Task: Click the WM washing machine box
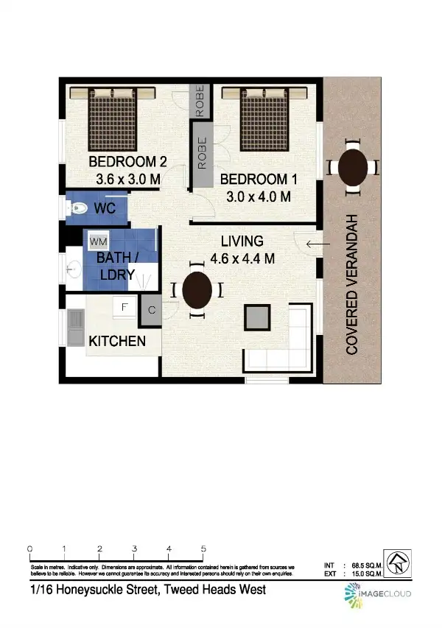[x=98, y=241]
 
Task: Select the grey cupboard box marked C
[x=151, y=311]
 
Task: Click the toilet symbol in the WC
[x=76, y=209]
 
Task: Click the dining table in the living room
[x=197, y=290]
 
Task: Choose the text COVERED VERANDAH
[x=352, y=285]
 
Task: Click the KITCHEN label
[x=116, y=342]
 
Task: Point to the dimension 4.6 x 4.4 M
[x=242, y=258]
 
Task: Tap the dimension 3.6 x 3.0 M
[x=128, y=179]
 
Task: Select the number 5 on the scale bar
[x=203, y=549]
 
